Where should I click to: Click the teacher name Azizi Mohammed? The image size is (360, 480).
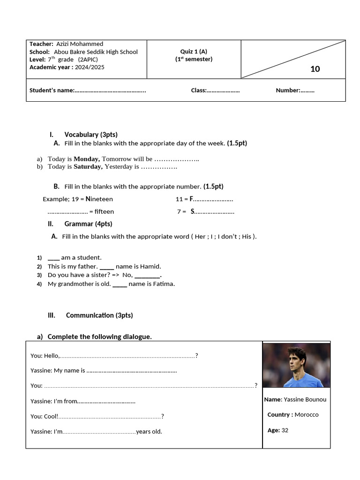point(80,44)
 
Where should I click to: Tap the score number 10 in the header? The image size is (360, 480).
point(315,69)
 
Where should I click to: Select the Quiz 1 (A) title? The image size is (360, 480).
point(194,52)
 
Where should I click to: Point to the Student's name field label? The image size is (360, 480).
point(52,90)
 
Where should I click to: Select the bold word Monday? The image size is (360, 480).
point(87,159)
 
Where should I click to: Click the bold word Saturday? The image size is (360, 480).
point(88,166)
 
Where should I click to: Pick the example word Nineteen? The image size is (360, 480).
point(99,199)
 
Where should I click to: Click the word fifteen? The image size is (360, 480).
point(104,211)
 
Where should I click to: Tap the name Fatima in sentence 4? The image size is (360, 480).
point(164,284)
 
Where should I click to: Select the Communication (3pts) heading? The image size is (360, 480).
point(99,315)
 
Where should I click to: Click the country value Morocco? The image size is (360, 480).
point(307,414)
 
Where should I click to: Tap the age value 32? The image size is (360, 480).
point(285,430)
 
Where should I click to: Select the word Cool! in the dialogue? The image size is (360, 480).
point(51,416)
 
